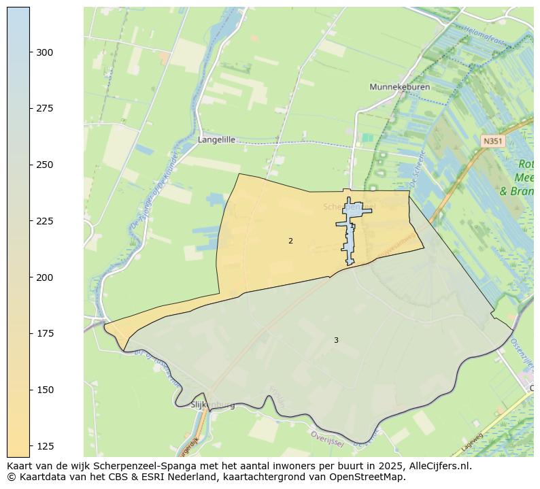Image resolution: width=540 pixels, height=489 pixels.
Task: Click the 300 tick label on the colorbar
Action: point(45,52)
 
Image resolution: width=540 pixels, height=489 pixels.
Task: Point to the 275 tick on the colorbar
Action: point(45,109)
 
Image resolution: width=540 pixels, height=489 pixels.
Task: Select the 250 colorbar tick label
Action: point(45,165)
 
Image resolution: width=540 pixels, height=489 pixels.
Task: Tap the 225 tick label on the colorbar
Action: point(45,221)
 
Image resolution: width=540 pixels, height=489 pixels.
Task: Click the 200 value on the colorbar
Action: point(45,277)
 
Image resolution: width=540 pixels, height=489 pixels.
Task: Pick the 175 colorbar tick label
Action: point(45,334)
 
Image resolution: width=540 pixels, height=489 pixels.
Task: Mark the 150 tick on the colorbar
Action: point(45,390)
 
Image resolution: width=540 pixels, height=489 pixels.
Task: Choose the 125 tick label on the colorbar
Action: point(45,446)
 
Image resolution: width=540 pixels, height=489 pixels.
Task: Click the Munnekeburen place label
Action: point(395,87)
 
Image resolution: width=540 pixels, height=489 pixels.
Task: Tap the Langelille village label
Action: point(216,139)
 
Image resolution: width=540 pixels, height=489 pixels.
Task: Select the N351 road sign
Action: point(492,141)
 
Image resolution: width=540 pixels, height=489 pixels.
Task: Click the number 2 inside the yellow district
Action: point(290,241)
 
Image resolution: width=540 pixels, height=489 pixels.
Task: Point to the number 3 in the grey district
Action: point(336,340)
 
